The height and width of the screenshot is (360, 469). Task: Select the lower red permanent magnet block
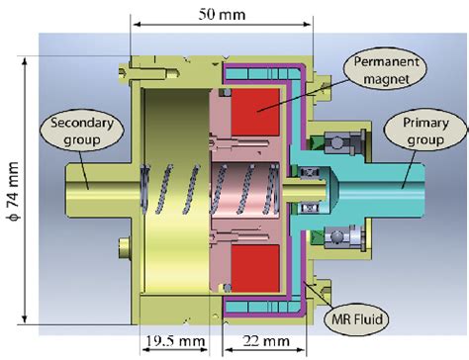pyautogui.click(x=254, y=268)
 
